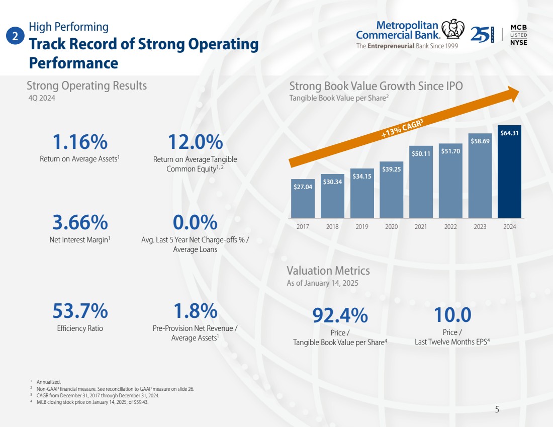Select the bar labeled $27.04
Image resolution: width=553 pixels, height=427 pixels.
click(x=303, y=198)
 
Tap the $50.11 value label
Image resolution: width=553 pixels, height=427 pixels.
click(x=421, y=153)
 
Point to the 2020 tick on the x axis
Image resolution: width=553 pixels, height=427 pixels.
click(x=391, y=227)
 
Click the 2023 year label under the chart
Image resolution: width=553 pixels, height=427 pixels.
click(x=480, y=227)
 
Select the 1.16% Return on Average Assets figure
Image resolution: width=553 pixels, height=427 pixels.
click(x=80, y=142)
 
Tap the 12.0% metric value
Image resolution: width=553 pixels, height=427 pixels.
click(x=195, y=142)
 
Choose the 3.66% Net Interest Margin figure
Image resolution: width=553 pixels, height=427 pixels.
click(x=80, y=222)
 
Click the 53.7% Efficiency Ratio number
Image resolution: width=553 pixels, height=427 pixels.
click(x=80, y=311)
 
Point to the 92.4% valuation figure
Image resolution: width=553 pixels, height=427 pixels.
click(x=340, y=315)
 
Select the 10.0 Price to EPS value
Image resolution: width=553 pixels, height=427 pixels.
click(x=452, y=315)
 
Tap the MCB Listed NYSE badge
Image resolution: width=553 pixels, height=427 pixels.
click(x=518, y=34)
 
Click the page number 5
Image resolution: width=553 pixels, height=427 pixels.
click(x=497, y=409)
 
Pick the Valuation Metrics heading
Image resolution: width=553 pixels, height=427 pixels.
click(x=328, y=271)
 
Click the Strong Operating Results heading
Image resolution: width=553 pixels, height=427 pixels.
click(x=87, y=86)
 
